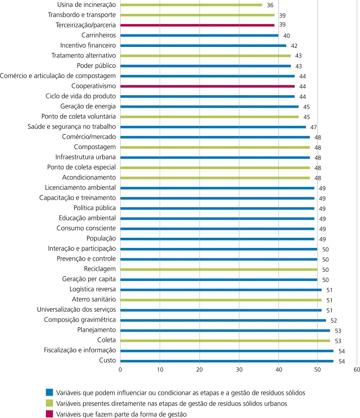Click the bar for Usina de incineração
coord(191,5)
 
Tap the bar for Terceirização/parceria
coord(197,25)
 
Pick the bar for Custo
coord(226,361)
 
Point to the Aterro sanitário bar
coord(221,300)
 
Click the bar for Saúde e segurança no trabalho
coord(213,127)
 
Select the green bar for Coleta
coord(225,340)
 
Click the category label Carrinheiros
coord(98,35)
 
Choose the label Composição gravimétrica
coord(80,320)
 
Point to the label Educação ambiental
coord(87,218)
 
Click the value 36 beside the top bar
coord(270,5)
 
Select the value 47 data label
coord(314,127)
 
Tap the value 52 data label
coord(333,320)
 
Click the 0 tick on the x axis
coord(120,370)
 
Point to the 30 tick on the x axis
coord(239,370)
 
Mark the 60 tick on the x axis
coord(356,370)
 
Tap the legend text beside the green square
coord(171,391)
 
